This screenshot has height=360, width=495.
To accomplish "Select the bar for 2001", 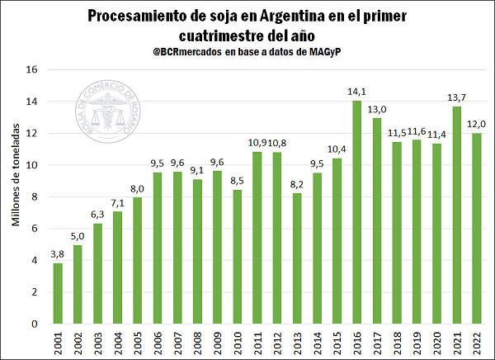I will coord(59,293).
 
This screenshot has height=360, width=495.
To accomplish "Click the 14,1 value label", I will coord(357,92).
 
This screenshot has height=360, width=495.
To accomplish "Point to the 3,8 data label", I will coord(59,254).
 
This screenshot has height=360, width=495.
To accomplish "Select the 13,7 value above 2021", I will coord(456,98).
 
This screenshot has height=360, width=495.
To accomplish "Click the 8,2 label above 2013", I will coord(297,184).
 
